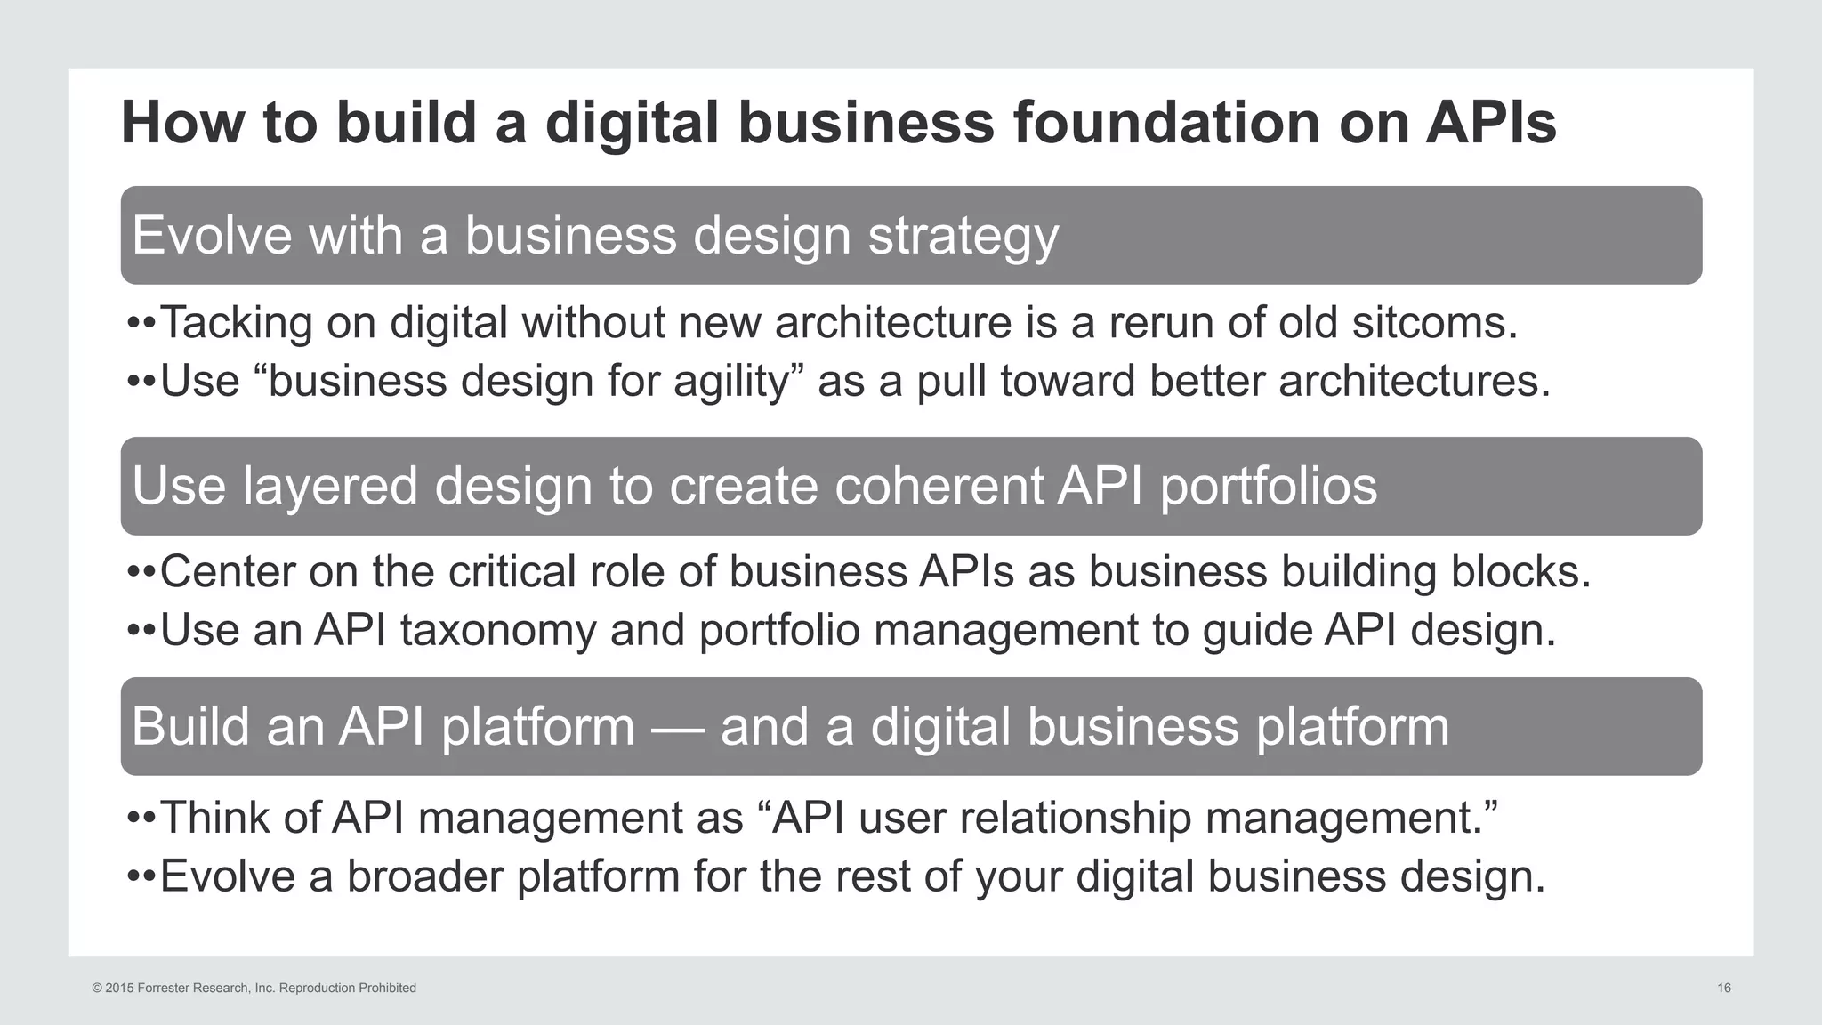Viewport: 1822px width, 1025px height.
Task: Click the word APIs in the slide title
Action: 1491,122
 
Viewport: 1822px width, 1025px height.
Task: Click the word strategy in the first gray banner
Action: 963,237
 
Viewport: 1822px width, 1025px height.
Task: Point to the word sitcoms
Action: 1434,322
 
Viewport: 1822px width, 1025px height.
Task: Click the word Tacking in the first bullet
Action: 236,323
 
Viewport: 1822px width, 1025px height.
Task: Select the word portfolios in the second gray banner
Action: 1269,487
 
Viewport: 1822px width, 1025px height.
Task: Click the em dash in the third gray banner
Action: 678,728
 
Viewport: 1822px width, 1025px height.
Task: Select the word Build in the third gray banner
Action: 191,726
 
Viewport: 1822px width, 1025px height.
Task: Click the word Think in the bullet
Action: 214,818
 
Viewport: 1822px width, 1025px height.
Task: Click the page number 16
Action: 1723,988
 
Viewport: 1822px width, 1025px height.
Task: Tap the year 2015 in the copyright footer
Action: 119,988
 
